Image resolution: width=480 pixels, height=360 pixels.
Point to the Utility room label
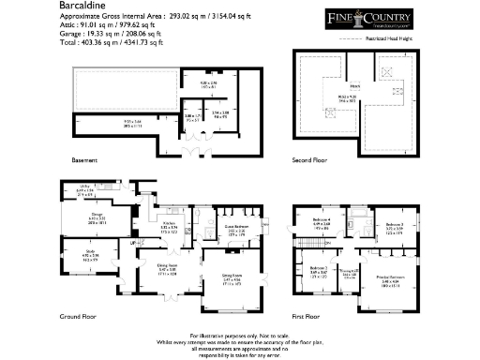82,188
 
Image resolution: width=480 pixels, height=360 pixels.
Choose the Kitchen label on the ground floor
170,222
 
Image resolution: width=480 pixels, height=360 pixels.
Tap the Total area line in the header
112,43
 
